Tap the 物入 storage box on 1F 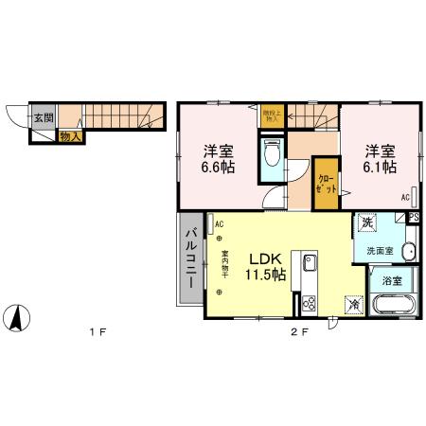pyautogui.click(x=70, y=136)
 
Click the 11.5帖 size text pyautogui.click(x=264, y=275)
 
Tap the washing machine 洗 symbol pyautogui.click(x=367, y=223)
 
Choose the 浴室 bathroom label pyautogui.click(x=390, y=281)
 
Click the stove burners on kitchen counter pyautogui.click(x=309, y=304)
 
